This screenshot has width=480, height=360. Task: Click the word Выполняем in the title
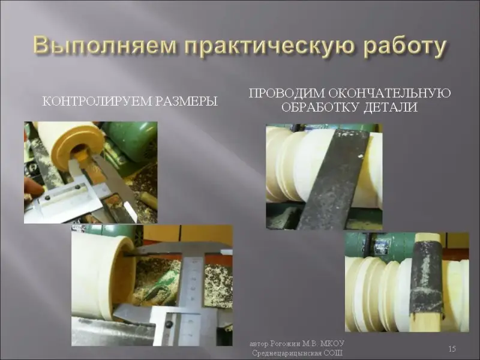[104, 46]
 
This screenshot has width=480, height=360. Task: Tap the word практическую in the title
[268, 47]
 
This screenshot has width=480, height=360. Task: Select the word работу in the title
[404, 47]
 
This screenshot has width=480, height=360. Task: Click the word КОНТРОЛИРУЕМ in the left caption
[97, 101]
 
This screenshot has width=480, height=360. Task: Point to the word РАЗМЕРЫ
[187, 101]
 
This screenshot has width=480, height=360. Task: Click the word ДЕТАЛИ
[391, 108]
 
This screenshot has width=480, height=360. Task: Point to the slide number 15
[452, 349]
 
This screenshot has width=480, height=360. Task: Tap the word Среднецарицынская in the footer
[287, 353]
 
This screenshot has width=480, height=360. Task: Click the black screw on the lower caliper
[169, 324]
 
